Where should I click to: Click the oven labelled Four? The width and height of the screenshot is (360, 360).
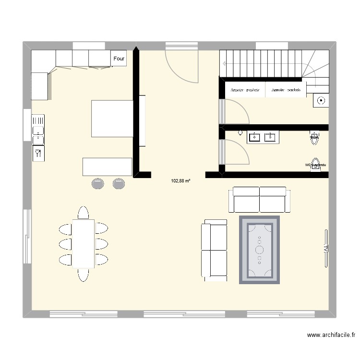(x=119, y=59)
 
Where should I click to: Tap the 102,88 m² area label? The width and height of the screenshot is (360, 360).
(x=180, y=181)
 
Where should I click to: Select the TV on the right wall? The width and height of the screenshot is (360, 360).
(x=326, y=248)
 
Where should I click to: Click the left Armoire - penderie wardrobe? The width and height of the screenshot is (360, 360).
(x=245, y=90)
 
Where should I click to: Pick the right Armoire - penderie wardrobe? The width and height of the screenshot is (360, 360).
(x=286, y=90)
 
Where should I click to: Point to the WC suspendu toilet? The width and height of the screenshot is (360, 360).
(x=315, y=164)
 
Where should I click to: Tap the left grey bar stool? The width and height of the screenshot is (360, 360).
(x=98, y=183)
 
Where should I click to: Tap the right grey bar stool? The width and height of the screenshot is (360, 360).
(x=119, y=183)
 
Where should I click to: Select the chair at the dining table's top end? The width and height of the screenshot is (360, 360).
(x=84, y=213)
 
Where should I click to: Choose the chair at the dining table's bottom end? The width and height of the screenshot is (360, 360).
(x=84, y=274)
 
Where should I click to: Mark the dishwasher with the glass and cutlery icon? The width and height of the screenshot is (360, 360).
(x=38, y=153)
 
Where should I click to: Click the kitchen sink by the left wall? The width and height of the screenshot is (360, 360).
(x=38, y=130)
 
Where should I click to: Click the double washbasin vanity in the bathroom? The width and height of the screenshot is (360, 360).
(x=262, y=137)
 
